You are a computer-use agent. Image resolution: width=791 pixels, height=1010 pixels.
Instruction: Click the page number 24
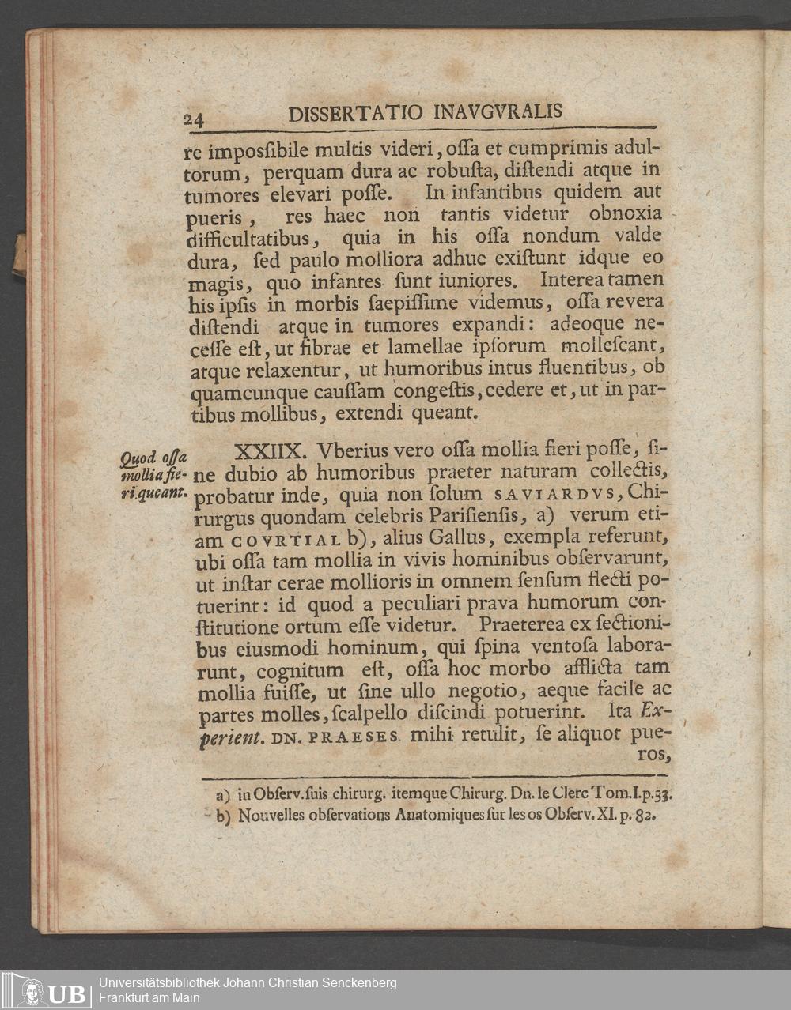point(195,119)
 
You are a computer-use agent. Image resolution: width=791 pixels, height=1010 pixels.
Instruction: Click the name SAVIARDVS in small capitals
point(553,496)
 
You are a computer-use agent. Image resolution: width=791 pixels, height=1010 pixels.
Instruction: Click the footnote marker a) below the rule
point(221,793)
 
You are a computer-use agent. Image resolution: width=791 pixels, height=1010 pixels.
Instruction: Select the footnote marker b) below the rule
point(221,815)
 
